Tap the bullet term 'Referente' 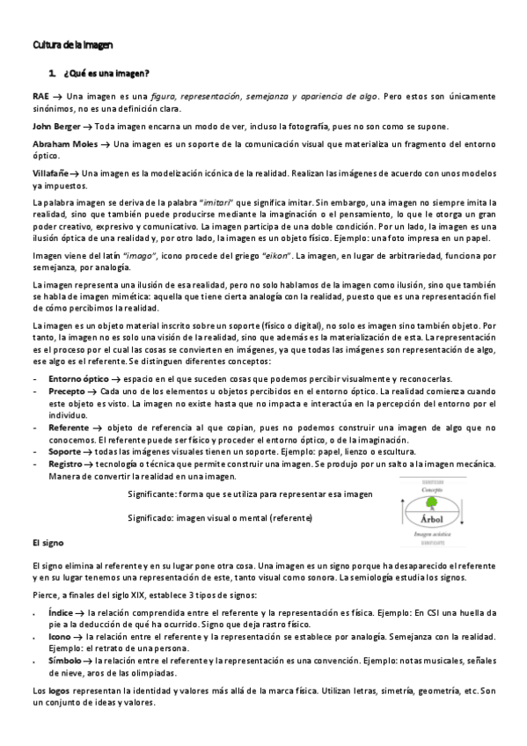point(69,426)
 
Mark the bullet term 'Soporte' point(64,450)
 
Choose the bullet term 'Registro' point(66,463)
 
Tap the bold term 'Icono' point(60,634)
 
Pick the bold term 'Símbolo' point(65,659)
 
